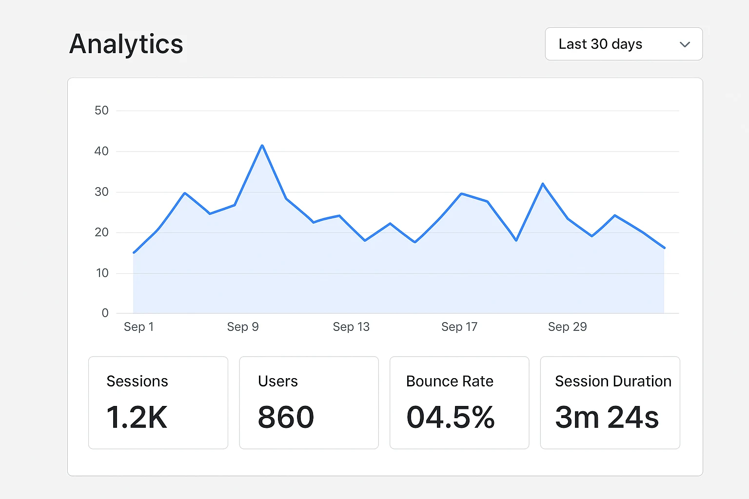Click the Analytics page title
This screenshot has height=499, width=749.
[x=126, y=44]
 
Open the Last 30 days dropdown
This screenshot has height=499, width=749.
[x=623, y=44]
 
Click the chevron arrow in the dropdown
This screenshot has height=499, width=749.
[x=685, y=44]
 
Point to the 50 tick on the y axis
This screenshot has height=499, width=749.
[x=101, y=111]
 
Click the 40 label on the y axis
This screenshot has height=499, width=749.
[x=101, y=151]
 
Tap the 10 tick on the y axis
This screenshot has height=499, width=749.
[x=102, y=273]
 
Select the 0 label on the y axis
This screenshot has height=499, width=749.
[x=105, y=313]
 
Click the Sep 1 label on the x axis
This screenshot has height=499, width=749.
[x=138, y=326]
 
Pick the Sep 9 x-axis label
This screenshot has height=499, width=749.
[x=243, y=326]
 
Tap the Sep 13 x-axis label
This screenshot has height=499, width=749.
[x=351, y=326]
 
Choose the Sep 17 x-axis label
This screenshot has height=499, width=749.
[x=459, y=326]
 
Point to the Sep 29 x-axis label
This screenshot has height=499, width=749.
[x=567, y=326]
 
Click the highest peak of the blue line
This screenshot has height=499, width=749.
[x=262, y=146]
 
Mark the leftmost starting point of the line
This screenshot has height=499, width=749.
[x=134, y=252]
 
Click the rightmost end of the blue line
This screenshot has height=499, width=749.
[x=664, y=248]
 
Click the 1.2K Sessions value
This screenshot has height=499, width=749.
[x=137, y=417]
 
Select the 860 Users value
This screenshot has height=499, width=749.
[x=286, y=417]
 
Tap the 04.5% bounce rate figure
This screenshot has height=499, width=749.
[x=451, y=417]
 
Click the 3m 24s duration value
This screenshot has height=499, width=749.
[x=607, y=417]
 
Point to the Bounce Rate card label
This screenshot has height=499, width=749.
[x=450, y=381]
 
